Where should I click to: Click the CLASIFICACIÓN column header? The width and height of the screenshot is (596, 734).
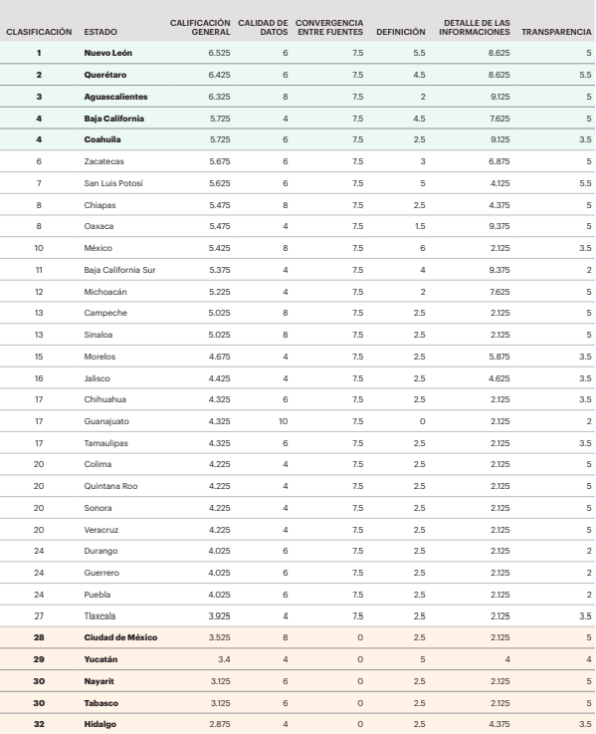tap(39, 31)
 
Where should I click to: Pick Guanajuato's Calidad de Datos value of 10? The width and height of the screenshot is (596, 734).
tap(283, 422)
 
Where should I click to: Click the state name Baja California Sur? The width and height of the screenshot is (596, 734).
tap(120, 270)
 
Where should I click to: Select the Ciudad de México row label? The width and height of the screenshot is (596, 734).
tap(120, 636)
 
